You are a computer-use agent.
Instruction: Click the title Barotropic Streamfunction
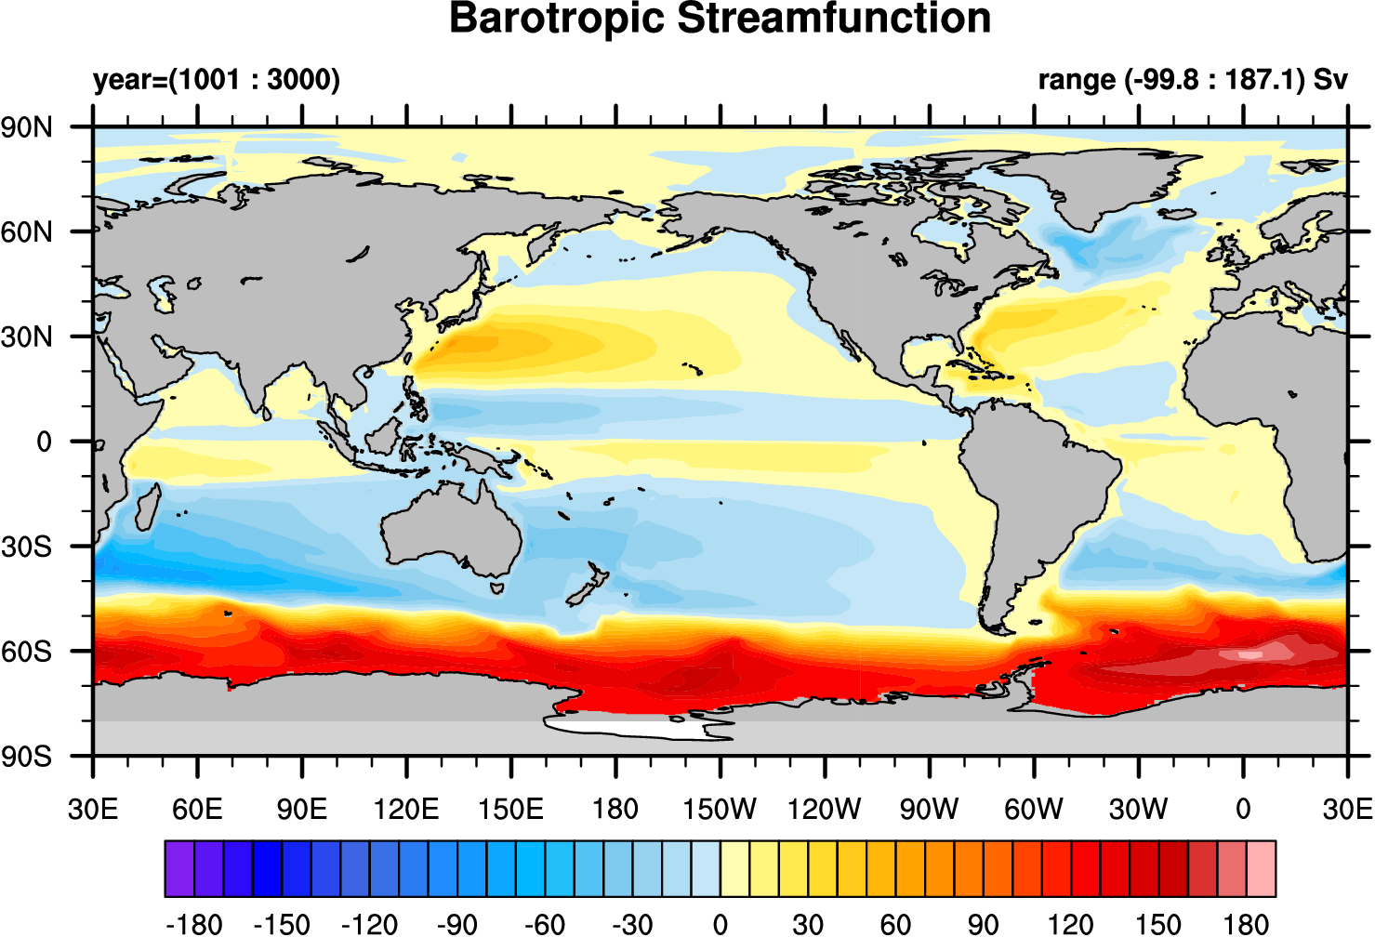[720, 19]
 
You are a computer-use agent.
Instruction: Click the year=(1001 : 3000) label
[217, 80]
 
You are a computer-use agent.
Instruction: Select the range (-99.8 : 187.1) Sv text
[1192, 80]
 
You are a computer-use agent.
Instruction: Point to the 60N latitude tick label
[27, 231]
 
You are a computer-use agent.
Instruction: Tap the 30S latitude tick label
[27, 547]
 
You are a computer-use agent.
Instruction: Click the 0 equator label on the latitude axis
[44, 442]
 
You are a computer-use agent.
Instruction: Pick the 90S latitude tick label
[27, 756]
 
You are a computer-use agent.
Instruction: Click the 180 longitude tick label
[615, 809]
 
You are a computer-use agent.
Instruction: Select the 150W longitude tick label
[720, 809]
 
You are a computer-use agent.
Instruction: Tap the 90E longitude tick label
[301, 809]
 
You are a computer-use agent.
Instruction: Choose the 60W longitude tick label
[1034, 809]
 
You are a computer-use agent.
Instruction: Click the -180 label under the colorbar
[193, 924]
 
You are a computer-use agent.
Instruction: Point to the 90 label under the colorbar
[983, 924]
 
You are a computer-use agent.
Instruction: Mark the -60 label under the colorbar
[544, 924]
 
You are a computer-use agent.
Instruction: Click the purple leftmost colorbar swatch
[179, 868]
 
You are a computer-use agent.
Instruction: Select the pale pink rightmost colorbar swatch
[1261, 868]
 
